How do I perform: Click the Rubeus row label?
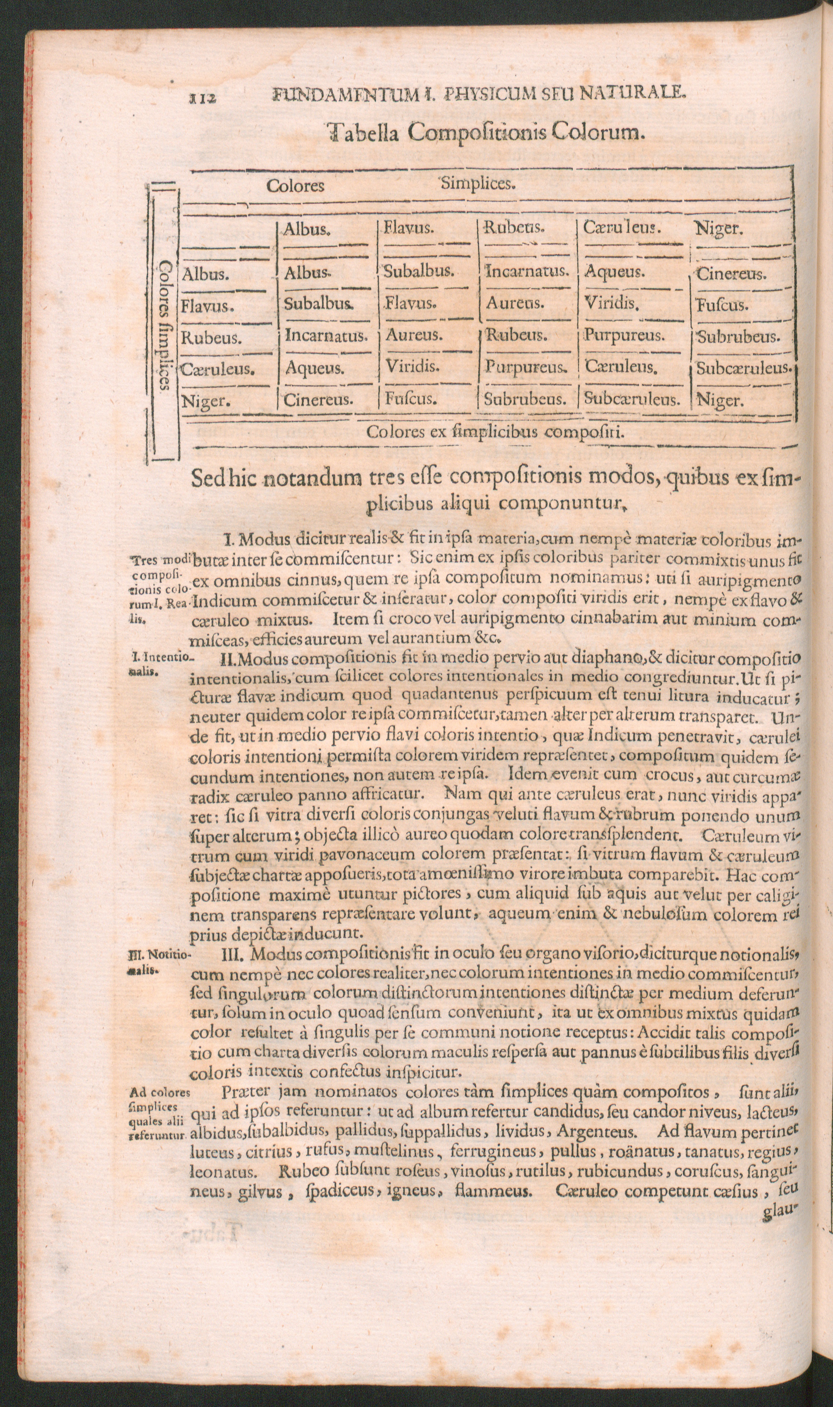211,339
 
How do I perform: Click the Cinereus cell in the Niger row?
318,400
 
